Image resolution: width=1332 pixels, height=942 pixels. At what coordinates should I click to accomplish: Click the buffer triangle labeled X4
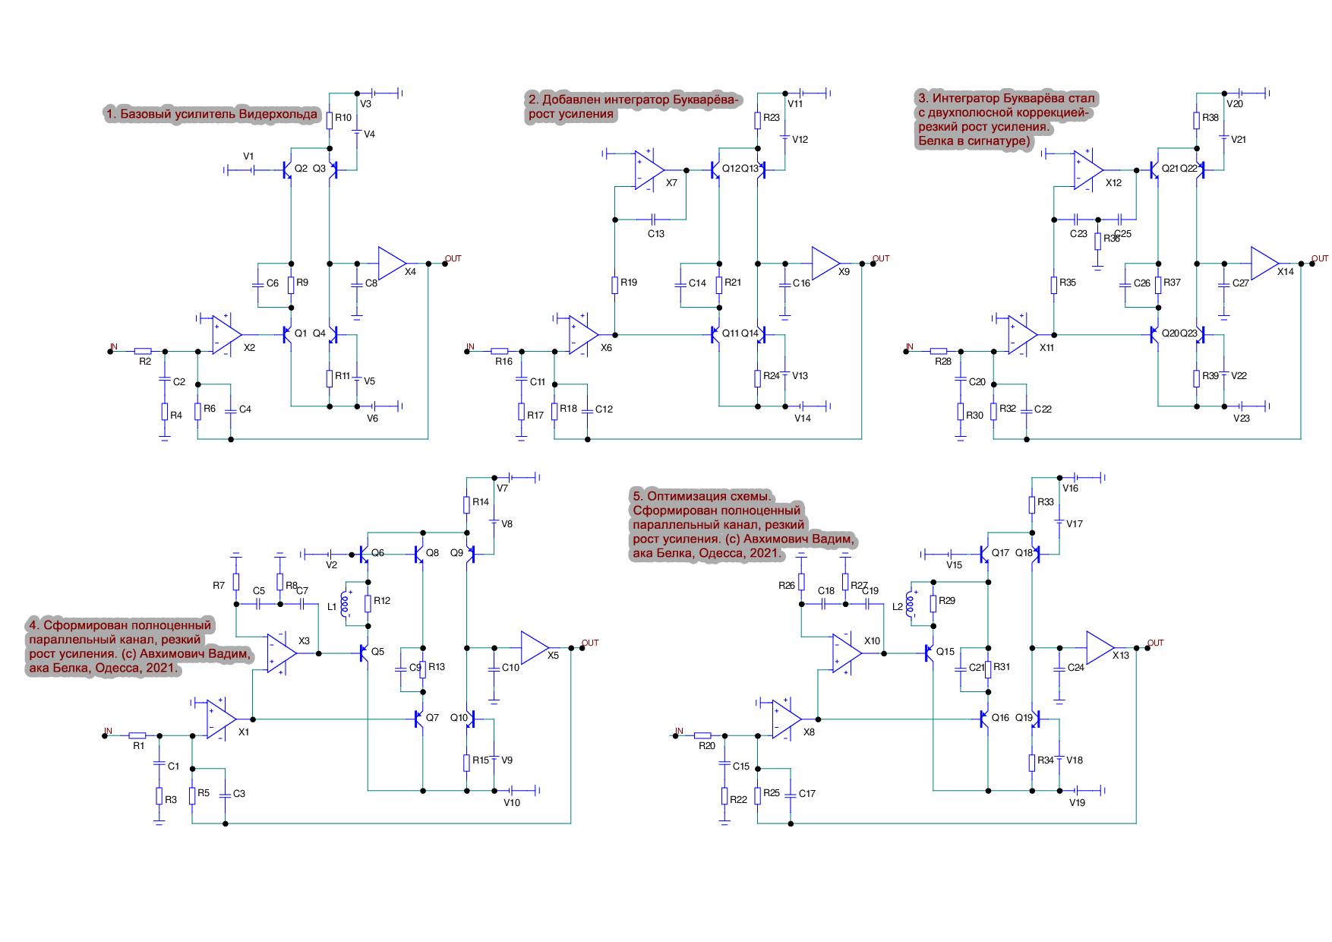pyautogui.click(x=392, y=263)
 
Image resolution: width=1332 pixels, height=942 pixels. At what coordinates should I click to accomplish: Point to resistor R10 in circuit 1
pyautogui.click(x=330, y=119)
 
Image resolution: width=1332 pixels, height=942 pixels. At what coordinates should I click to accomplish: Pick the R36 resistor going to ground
pyautogui.click(x=1097, y=242)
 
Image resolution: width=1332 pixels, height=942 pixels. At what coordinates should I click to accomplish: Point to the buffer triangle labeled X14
pyautogui.click(x=1264, y=263)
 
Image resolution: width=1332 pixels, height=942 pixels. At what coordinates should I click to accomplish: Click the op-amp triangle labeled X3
pyautogui.click(x=281, y=653)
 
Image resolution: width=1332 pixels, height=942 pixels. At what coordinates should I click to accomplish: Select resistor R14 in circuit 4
pyautogui.click(x=467, y=503)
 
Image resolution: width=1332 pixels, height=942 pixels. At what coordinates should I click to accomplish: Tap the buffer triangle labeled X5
pyautogui.click(x=534, y=647)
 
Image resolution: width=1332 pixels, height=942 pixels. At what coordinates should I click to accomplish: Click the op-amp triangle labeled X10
pyautogui.click(x=847, y=653)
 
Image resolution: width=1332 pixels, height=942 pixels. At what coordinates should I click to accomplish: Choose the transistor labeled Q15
pyautogui.click(x=930, y=653)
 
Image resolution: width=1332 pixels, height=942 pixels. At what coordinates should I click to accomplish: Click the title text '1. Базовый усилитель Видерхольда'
pyautogui.click(x=211, y=115)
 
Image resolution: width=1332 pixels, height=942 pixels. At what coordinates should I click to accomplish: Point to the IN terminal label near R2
pyautogui.click(x=114, y=346)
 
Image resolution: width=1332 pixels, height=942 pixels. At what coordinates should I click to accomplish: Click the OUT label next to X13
pyautogui.click(x=1155, y=643)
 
